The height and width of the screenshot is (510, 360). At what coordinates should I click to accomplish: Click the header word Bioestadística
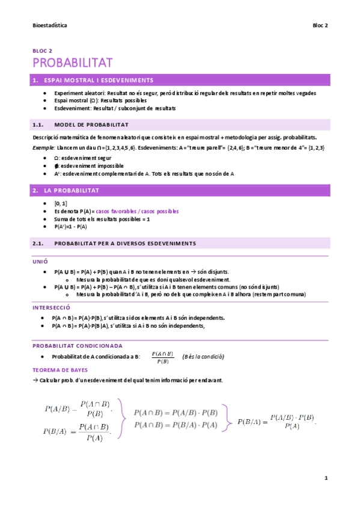coord(49,26)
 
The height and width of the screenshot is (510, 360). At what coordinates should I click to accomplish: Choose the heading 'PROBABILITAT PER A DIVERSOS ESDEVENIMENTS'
coord(125,243)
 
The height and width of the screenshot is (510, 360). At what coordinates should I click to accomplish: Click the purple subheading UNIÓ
coord(40,262)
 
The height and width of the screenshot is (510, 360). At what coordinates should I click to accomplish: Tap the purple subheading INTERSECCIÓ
coord(51,307)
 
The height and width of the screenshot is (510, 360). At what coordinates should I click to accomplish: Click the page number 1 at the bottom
coord(325,479)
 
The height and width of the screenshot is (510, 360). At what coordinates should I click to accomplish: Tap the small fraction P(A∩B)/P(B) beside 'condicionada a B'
coord(162,357)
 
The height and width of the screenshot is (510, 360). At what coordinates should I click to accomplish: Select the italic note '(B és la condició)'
coord(203,357)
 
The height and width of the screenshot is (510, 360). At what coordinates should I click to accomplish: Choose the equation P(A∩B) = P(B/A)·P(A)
coord(175,425)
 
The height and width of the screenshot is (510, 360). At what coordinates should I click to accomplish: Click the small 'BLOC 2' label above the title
coord(42,52)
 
